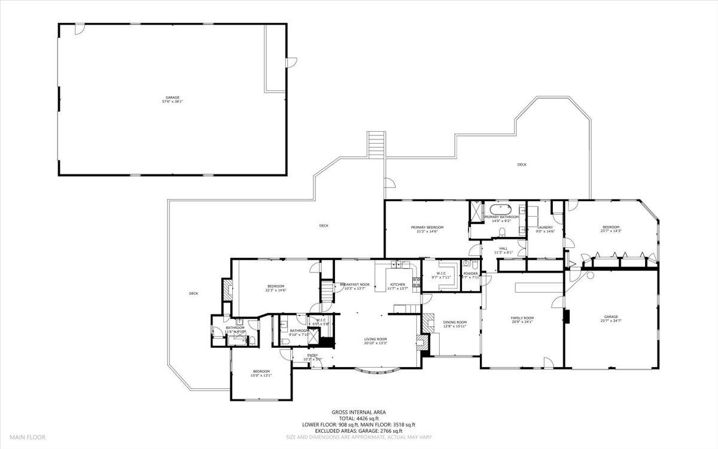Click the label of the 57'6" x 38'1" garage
click(172, 99)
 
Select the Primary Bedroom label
click(427, 229)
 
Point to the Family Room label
click(522, 320)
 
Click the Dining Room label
click(455, 324)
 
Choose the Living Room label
click(376, 341)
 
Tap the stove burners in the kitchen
click(395, 264)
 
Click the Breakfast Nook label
click(355, 286)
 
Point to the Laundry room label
click(545, 229)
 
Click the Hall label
click(503, 250)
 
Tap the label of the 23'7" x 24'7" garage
click(610, 318)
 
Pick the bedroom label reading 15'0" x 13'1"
click(261, 373)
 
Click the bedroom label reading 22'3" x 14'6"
click(275, 288)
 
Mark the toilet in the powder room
click(474, 265)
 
